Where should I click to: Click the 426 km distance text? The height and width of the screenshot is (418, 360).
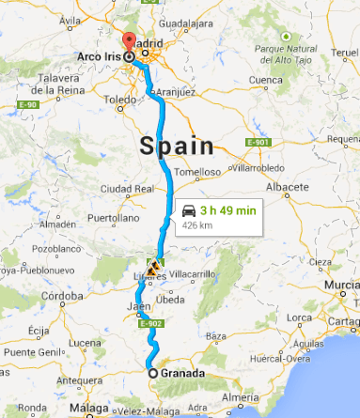tap(196, 225)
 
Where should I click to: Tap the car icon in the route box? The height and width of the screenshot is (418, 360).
tap(189, 210)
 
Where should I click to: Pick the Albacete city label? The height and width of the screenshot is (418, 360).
tap(287, 187)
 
